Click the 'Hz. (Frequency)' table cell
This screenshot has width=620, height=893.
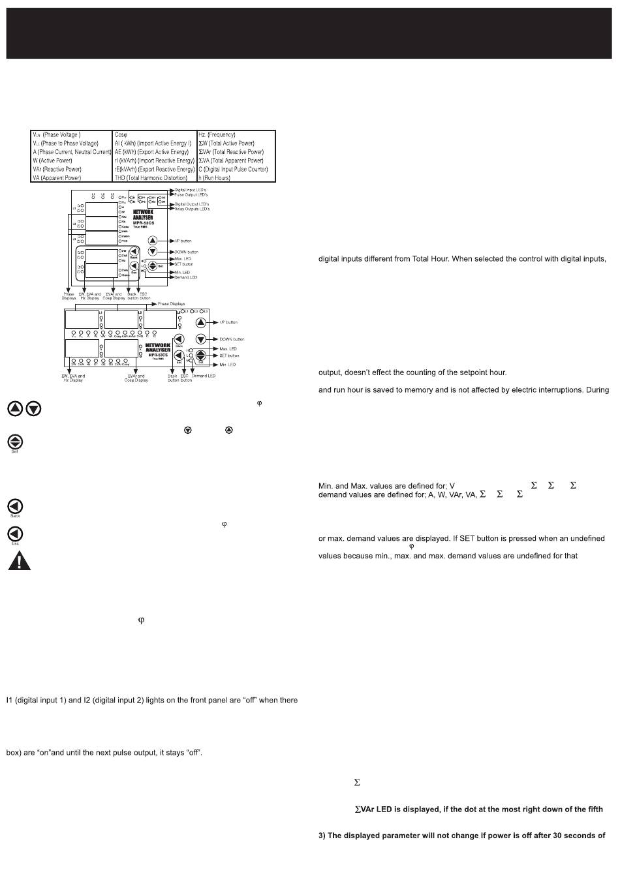217,135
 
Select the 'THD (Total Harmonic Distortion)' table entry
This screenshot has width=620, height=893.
154,177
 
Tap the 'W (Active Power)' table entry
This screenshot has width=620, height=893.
53,160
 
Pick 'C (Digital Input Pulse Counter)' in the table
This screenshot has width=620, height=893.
233,169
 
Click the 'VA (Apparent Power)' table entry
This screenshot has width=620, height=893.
57,177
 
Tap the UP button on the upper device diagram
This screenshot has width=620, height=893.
153,241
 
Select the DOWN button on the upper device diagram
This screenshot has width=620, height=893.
153,252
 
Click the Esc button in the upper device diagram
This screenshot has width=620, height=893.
133,265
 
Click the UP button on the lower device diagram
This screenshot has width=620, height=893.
201,322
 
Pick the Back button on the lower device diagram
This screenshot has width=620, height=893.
179,339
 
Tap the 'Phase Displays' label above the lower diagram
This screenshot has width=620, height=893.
172,304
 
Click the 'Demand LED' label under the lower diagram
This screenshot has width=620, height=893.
204,376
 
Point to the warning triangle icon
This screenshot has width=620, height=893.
19,561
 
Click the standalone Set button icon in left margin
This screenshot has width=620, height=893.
14,441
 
